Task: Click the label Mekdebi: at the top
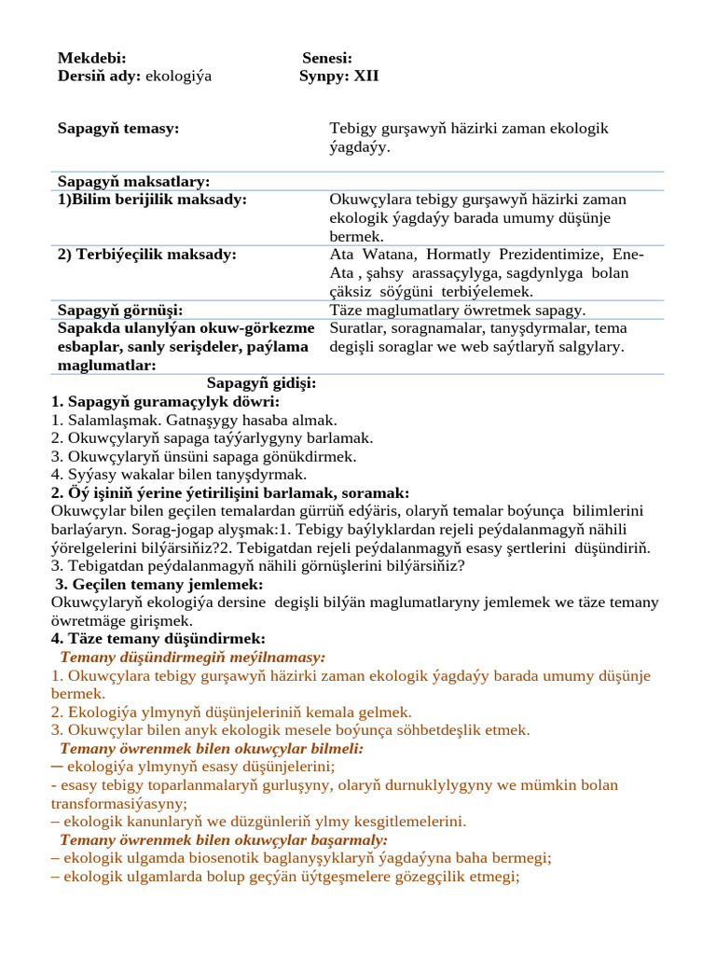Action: tap(91, 59)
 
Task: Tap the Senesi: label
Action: tap(326, 59)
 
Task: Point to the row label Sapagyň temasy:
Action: tap(118, 128)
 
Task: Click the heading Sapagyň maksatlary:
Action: tap(133, 181)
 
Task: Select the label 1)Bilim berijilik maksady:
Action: tap(152, 200)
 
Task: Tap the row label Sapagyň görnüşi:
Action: tap(119, 310)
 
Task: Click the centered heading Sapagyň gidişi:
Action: tap(261, 383)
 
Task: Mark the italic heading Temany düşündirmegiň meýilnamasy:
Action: tap(192, 657)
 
